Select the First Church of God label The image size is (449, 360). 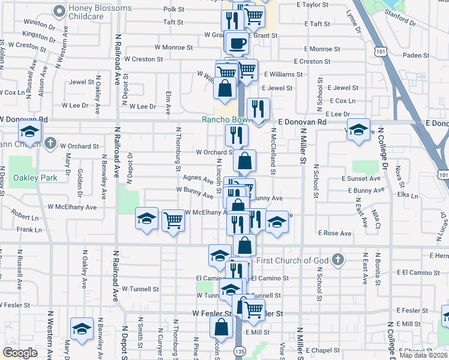click(x=294, y=260)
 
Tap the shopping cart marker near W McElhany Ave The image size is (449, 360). click(x=173, y=220)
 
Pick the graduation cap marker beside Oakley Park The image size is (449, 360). click(x=29, y=131)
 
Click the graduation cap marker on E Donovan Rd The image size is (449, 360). click(x=358, y=130)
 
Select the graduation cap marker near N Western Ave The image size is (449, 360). click(x=82, y=329)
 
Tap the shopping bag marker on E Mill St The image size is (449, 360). click(x=221, y=327)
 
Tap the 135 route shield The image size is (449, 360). click(x=240, y=351)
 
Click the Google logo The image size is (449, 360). click(x=20, y=352)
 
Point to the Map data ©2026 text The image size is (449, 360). click(x=423, y=355)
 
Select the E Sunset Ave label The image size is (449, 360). click(x=361, y=179)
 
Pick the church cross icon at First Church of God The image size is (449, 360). click(x=337, y=260)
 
